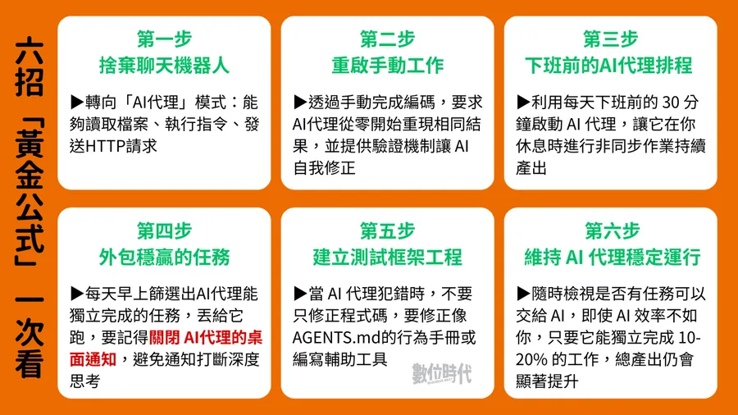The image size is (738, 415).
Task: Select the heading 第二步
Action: (387, 39)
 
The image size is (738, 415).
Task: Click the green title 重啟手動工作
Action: (387, 65)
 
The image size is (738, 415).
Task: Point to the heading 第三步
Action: (610, 39)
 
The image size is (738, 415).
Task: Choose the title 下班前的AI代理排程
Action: (610, 65)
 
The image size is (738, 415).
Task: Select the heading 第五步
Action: (387, 230)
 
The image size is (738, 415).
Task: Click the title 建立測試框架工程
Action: (387, 256)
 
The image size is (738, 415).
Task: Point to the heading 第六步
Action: (610, 230)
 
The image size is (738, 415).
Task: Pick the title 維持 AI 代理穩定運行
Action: (610, 256)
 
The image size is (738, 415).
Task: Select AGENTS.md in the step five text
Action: (332, 337)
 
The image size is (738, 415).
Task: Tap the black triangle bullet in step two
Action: (299, 103)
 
